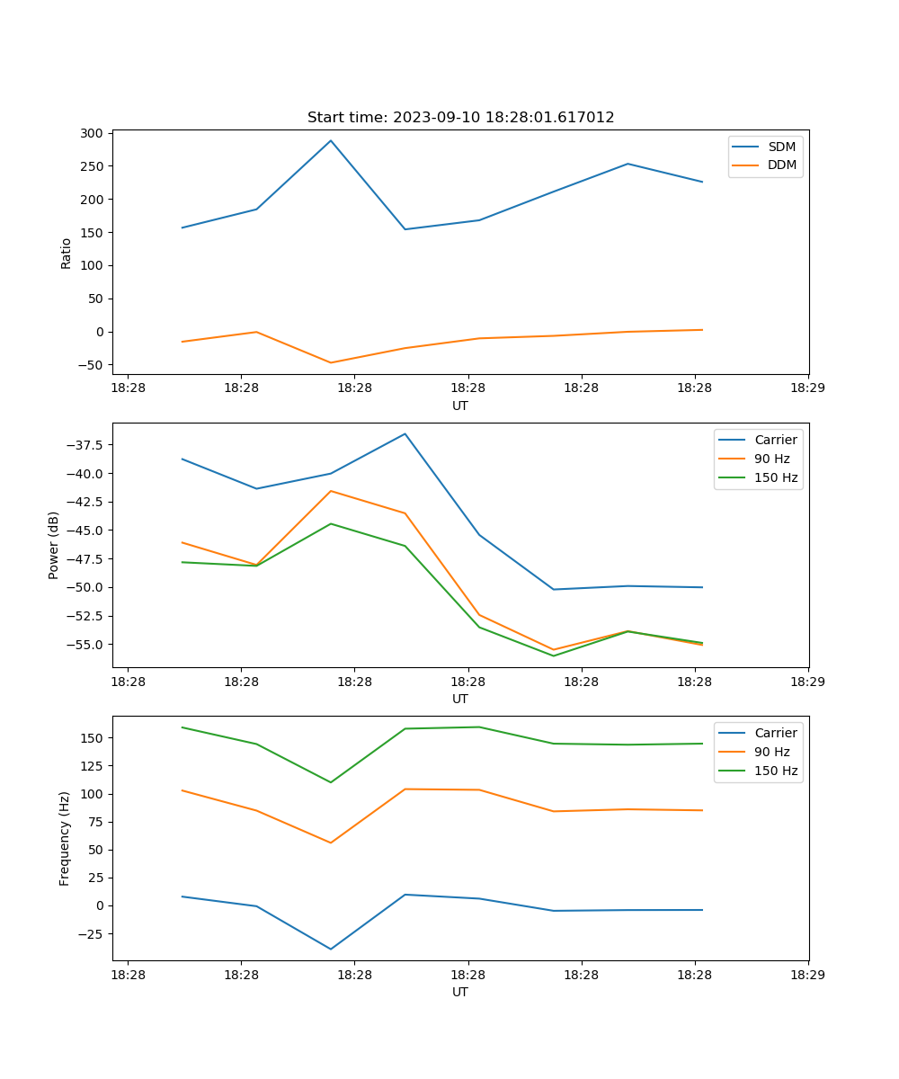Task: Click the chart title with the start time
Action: [460, 118]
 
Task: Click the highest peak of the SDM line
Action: [331, 140]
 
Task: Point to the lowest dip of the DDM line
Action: [331, 363]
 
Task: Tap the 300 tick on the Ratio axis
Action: [93, 133]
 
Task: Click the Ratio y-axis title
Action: [66, 253]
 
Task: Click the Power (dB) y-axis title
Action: [54, 545]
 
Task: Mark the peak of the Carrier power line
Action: [405, 433]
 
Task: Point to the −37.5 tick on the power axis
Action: [86, 445]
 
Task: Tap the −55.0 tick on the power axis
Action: [86, 645]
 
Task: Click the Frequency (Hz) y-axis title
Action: [65, 838]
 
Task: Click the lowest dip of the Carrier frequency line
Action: [331, 950]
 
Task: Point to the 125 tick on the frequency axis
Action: [93, 766]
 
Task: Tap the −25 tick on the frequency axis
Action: [90, 933]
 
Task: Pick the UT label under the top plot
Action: [460, 406]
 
